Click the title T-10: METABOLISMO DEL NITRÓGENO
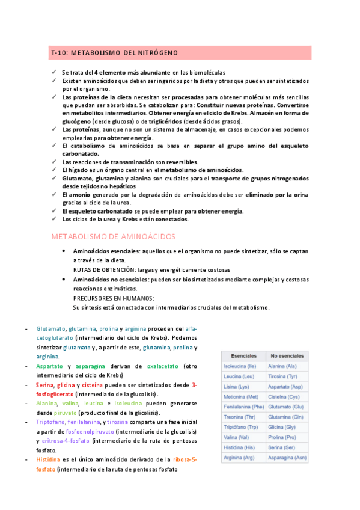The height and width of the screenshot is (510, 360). click(x=115, y=54)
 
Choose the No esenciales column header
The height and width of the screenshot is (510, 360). click(x=287, y=356)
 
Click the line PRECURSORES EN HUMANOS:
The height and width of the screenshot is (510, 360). click(x=113, y=298)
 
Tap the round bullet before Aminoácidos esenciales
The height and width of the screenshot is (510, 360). click(x=64, y=251)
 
